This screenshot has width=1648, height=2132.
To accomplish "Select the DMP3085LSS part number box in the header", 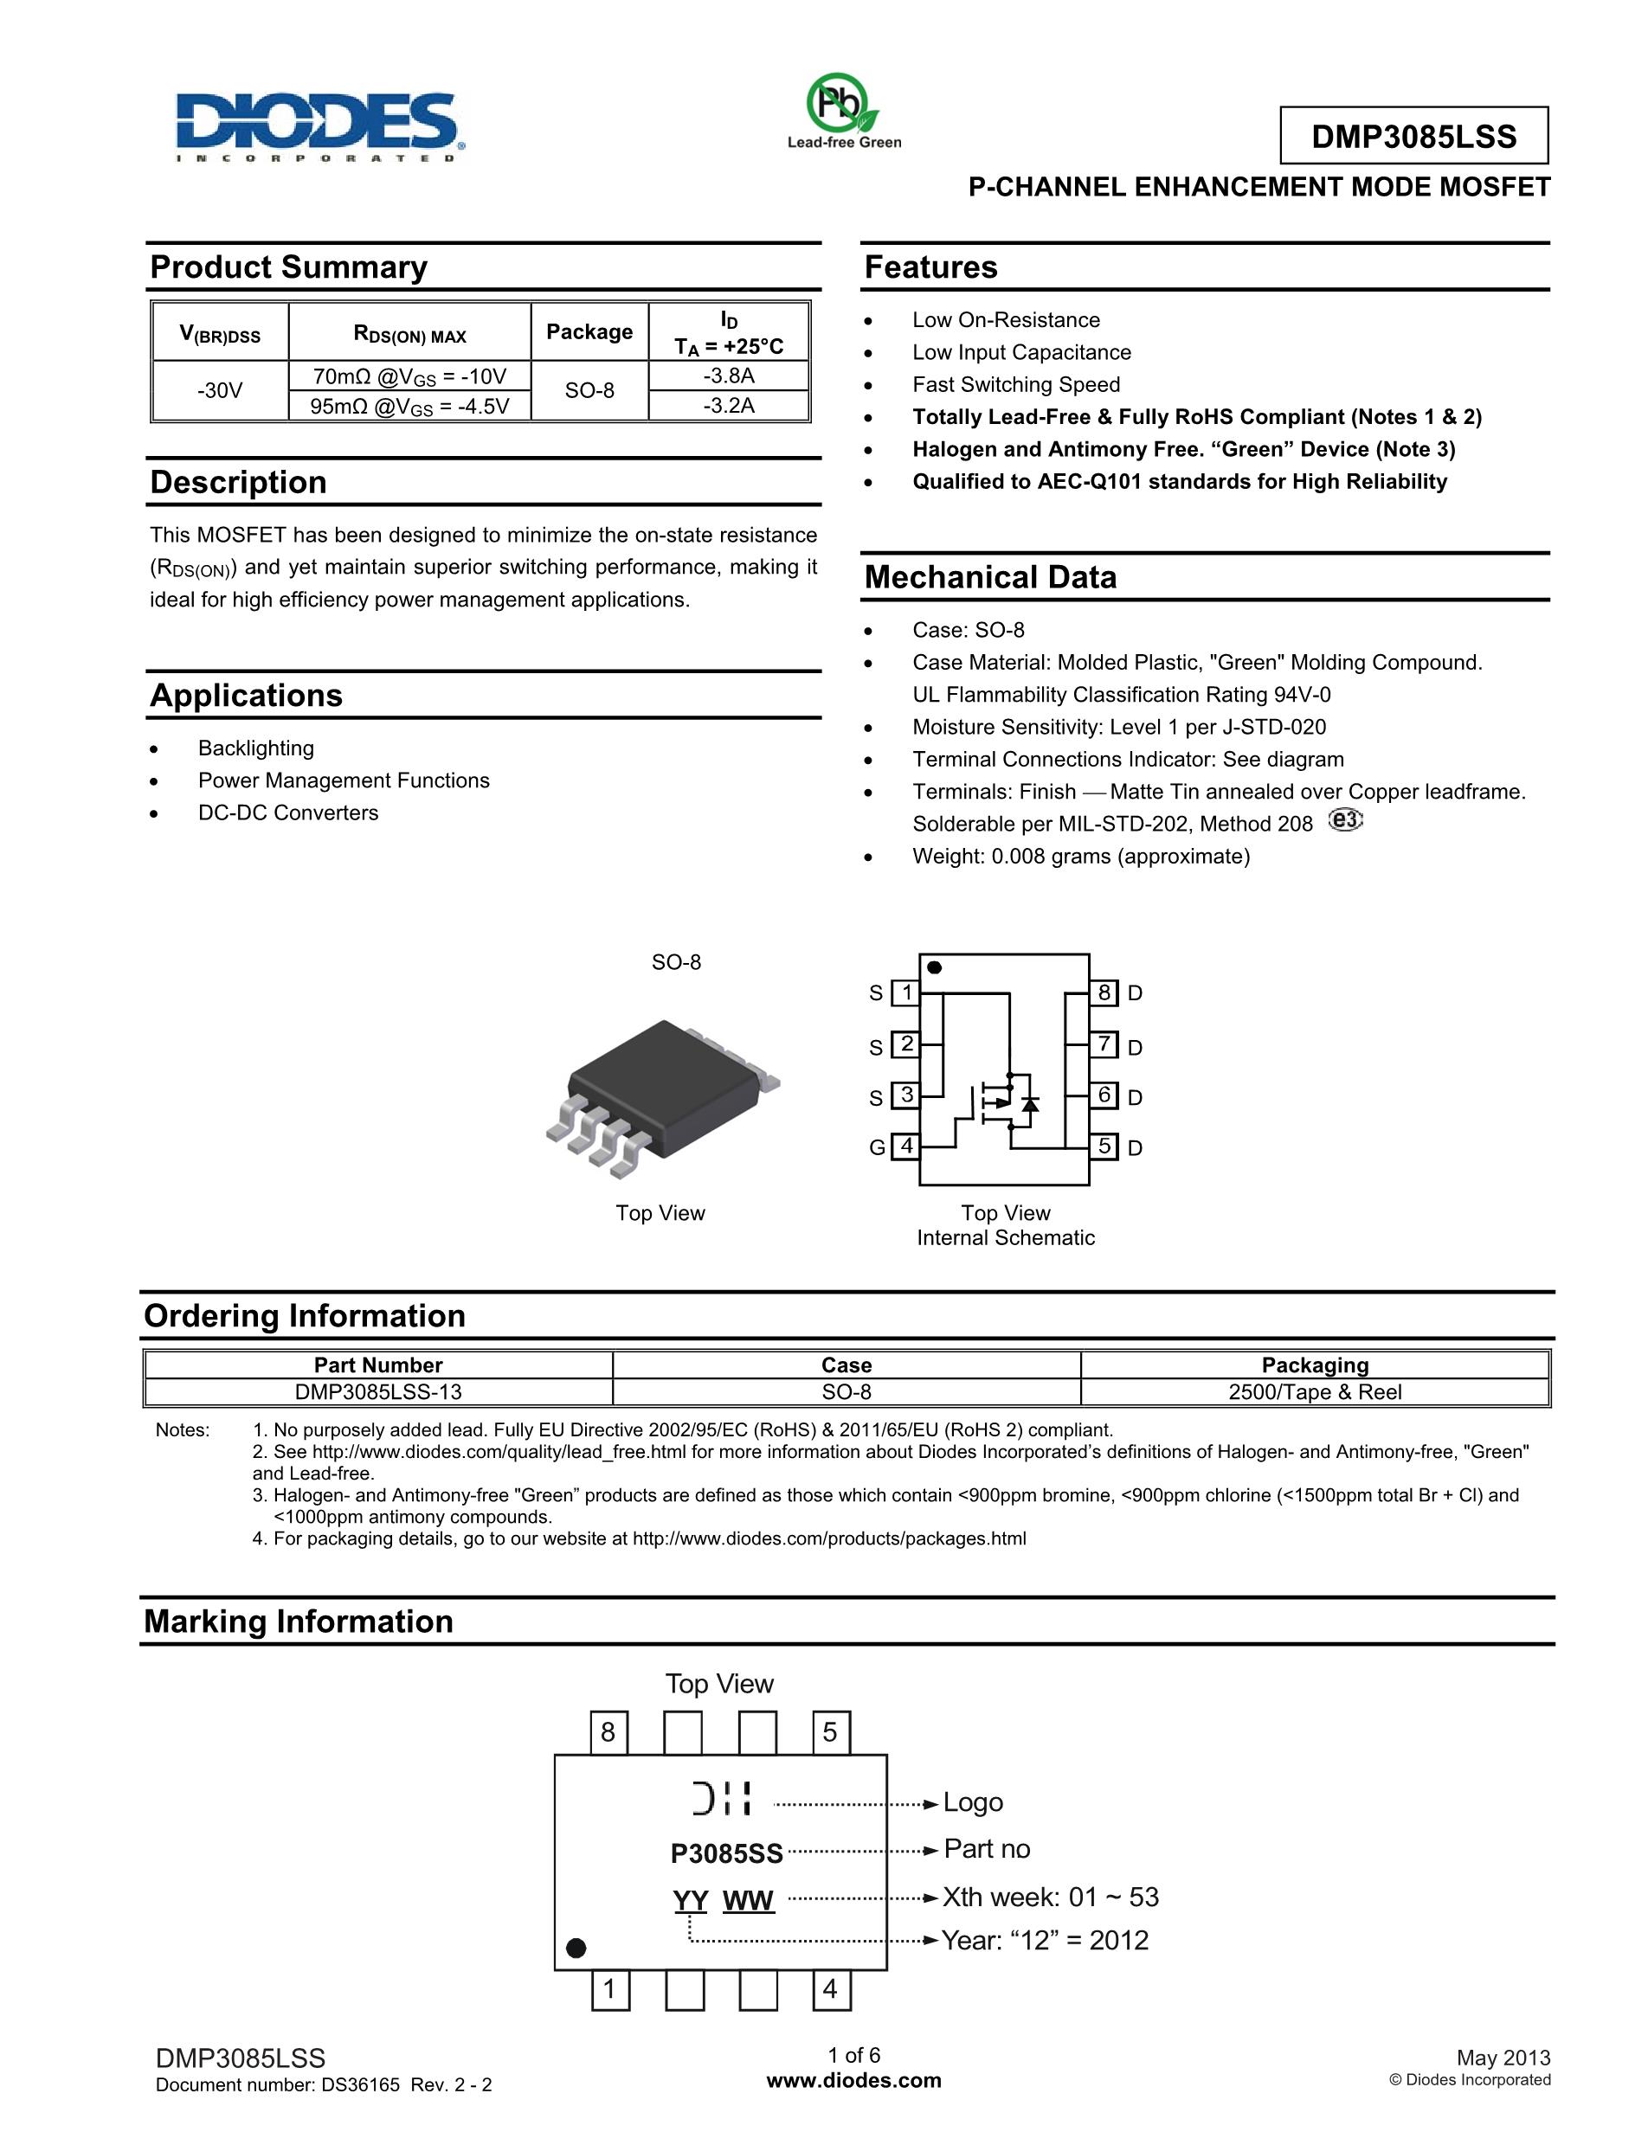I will [1413, 136].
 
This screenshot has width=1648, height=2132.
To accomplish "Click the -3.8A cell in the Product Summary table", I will [728, 376].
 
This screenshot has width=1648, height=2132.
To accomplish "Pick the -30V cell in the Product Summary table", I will [220, 390].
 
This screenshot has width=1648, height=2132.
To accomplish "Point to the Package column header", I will [589, 332].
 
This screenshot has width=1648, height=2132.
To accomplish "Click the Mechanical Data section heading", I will [990, 577].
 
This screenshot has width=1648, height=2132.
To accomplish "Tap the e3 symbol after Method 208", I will [1345, 820].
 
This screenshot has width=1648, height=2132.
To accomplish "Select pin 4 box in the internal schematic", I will [906, 1146].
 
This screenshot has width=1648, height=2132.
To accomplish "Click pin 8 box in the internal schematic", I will [1104, 992].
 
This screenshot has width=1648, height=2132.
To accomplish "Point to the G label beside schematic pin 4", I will [877, 1148].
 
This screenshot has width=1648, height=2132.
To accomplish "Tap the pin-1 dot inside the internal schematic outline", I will [933, 967].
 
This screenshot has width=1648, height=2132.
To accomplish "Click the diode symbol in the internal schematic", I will [1029, 1104].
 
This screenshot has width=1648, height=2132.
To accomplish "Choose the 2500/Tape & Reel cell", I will [1314, 1392].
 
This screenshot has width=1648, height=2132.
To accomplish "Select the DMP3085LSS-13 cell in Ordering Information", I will [378, 1392].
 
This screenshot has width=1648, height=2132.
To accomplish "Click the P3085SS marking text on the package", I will [726, 1853].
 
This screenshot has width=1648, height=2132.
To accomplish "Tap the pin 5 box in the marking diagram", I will [830, 1731].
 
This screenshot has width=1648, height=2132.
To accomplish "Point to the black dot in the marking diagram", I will [576, 1948].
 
